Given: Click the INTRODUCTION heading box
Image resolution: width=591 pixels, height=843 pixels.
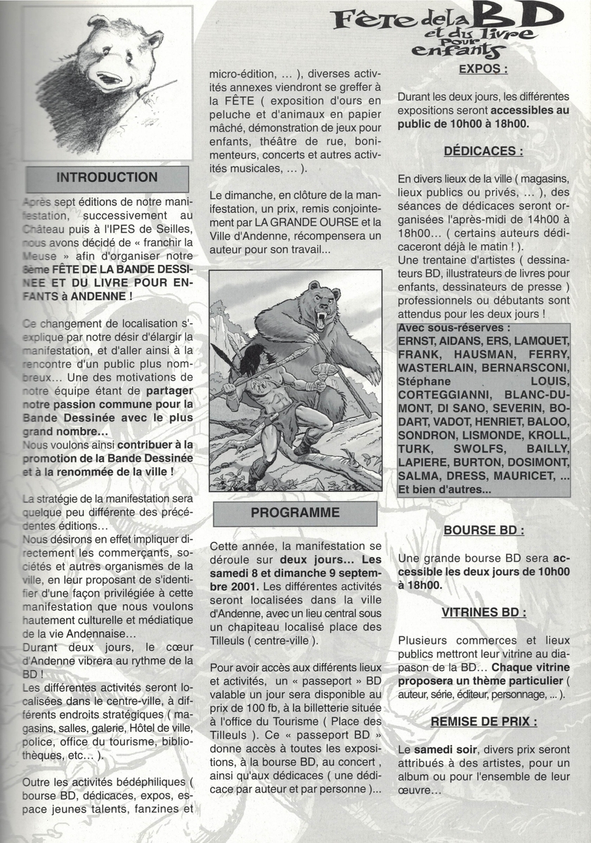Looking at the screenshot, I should click(x=107, y=178).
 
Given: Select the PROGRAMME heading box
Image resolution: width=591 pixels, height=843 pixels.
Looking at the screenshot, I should click(x=294, y=512).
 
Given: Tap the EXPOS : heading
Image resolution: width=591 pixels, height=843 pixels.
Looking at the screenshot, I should click(x=483, y=69).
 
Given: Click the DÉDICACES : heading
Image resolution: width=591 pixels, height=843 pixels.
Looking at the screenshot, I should click(x=483, y=150).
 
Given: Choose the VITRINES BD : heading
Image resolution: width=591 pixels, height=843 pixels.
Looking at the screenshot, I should click(x=483, y=612).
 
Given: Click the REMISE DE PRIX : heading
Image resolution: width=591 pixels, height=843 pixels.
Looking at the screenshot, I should click(x=483, y=721).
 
